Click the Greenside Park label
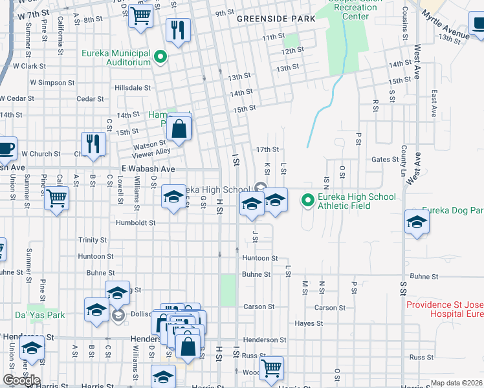[x=276, y=19]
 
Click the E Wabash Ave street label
[x=148, y=169]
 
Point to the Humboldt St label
[x=135, y=222]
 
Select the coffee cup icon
[x=6, y=149]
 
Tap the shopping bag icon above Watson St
[x=179, y=128]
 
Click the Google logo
[x=21, y=380]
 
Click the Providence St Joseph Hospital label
[x=445, y=309]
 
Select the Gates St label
[x=385, y=159]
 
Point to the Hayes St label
[x=309, y=323]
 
